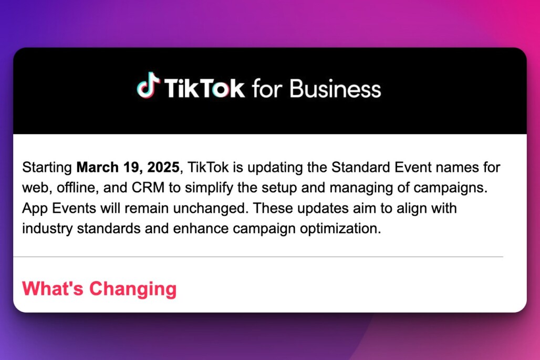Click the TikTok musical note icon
click(148, 86)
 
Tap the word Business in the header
click(335, 88)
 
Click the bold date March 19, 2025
click(128, 168)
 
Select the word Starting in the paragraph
click(47, 168)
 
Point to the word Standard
click(360, 167)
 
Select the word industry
click(47, 229)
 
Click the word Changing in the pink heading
click(133, 289)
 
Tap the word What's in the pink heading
click(53, 288)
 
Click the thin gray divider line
click(258, 256)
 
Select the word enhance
click(201, 229)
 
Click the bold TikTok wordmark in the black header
click(204, 88)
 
